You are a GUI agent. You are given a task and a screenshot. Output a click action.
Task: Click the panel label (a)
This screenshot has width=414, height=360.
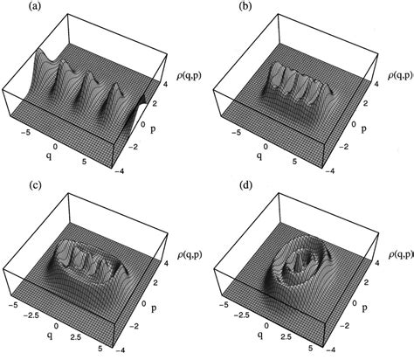click(36, 6)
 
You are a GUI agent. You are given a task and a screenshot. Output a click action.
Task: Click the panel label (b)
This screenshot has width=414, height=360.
click(245, 6)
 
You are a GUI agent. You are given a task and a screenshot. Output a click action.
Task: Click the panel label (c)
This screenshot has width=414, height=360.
click(36, 185)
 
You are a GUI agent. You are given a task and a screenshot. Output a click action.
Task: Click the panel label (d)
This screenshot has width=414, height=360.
click(245, 185)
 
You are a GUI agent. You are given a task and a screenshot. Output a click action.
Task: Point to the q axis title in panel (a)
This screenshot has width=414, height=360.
click(50, 156)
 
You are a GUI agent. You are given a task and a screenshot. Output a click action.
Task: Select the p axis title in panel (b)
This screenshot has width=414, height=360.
click(363, 128)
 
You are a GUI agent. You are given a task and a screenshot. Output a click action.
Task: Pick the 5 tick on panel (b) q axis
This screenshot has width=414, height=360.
click(294, 161)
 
